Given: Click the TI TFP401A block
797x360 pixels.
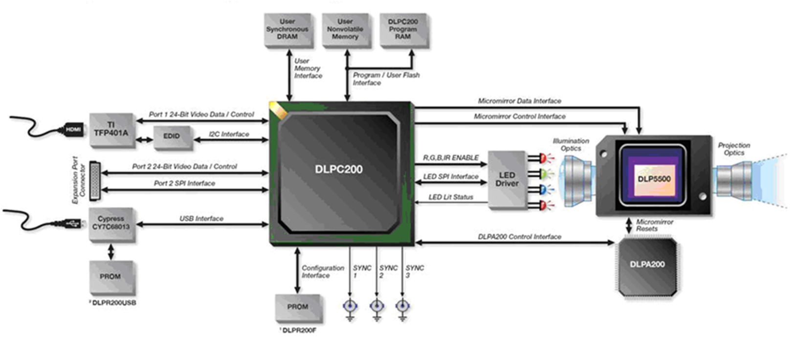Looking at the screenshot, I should click(111, 129).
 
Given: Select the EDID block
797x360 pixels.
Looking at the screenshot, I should click(172, 136).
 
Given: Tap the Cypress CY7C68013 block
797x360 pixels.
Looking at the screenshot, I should click(111, 223).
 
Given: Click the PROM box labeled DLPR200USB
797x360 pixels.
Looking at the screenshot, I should click(111, 277).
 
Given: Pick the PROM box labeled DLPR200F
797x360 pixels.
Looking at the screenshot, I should click(298, 307).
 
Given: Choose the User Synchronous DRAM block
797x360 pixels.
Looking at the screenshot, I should click(288, 29).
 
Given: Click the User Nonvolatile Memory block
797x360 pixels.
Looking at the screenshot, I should click(345, 29).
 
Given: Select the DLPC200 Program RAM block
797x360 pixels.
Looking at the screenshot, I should click(403, 29).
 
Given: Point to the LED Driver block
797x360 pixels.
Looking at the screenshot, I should click(507, 179).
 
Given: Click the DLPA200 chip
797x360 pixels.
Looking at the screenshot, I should click(647, 265).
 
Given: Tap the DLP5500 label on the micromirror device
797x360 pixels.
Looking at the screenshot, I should click(654, 179).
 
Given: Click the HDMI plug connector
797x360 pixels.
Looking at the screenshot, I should click(73, 130).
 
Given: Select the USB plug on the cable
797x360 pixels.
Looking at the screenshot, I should click(72, 224).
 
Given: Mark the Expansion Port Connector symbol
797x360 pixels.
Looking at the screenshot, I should click(95, 180).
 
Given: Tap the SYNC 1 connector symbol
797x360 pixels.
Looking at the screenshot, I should click(350, 307).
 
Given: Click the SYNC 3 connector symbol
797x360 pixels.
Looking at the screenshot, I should click(402, 307).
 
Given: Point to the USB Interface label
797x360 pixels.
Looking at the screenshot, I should click(201, 219).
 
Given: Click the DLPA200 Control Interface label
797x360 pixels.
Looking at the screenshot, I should click(519, 237).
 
